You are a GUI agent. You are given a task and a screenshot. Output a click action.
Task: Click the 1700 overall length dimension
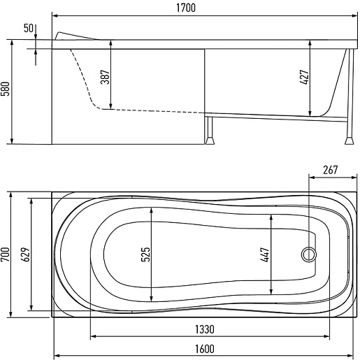click(186, 8)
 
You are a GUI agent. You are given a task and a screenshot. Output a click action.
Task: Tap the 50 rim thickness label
click(29, 28)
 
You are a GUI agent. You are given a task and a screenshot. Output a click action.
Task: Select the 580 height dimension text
click(6, 89)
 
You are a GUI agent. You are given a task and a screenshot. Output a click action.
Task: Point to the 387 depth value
click(105, 77)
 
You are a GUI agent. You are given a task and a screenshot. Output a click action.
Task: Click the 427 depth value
click(304, 77)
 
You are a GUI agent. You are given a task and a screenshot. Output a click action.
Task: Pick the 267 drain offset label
click(330, 170)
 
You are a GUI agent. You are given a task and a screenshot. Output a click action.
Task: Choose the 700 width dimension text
click(6, 254)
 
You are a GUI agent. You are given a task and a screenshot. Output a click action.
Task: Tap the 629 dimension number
click(26, 254)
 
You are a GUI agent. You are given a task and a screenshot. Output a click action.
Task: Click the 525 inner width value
click(145, 254)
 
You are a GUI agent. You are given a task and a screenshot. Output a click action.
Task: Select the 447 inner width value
click(266, 254)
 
